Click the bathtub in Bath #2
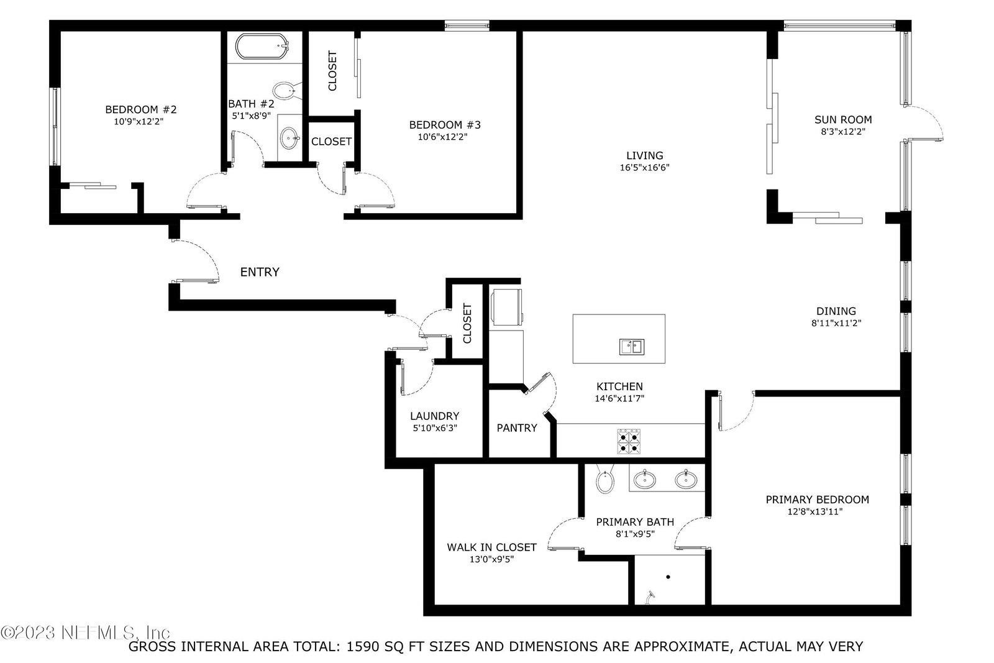[x=262, y=46]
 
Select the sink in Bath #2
[x=290, y=138]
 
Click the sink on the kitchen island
[x=632, y=347]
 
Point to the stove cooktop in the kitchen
[x=629, y=441]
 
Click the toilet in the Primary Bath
[x=605, y=479]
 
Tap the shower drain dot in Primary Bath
[x=668, y=577]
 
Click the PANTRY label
[x=517, y=428]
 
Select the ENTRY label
[x=260, y=272]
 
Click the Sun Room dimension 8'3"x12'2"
[x=843, y=131]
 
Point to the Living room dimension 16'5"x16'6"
[x=644, y=167]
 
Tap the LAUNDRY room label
[x=434, y=416]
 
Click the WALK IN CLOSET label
[x=491, y=547]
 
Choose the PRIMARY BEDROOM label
[x=818, y=499]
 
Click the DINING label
[x=836, y=311]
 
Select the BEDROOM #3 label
[x=445, y=125]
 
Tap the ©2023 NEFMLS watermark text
[x=86, y=633]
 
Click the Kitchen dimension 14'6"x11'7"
[x=619, y=398]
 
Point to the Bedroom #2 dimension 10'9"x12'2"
[x=139, y=121]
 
